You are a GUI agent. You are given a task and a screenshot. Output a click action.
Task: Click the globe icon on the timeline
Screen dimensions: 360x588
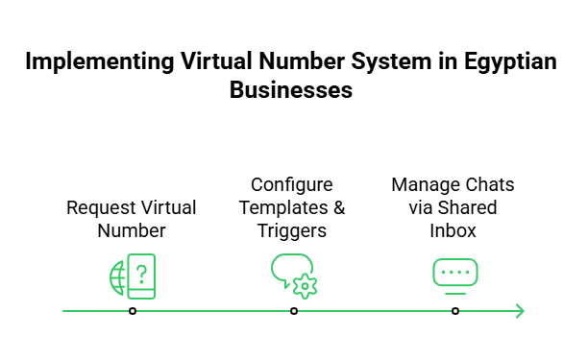[118, 276]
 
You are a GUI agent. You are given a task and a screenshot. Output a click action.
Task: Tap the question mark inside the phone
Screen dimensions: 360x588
[142, 276]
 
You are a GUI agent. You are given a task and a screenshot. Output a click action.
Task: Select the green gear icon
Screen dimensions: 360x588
[306, 285]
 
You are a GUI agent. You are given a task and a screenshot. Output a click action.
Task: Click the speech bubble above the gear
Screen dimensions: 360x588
[290, 266]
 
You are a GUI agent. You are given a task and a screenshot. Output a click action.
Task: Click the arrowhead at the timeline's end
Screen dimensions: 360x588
[520, 311]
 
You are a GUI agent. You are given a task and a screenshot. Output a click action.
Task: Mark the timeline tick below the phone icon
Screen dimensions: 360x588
[133, 311]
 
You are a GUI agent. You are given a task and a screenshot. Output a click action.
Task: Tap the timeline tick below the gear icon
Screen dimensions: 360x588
[294, 311]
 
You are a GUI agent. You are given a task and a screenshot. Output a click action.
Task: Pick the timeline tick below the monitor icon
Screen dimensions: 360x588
[455, 311]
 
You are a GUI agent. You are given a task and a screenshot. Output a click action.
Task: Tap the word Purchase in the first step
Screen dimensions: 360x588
[97, 208]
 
